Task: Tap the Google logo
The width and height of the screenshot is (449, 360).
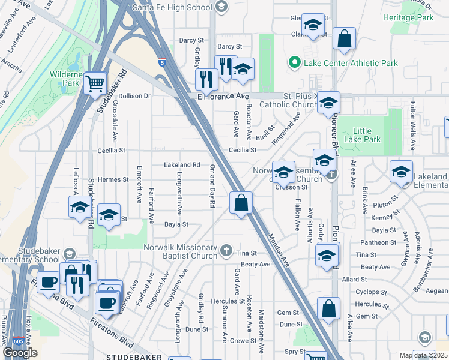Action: point(20,352)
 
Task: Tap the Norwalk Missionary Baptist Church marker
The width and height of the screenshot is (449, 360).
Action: point(226,250)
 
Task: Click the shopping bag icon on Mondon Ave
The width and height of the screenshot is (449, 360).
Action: point(241,203)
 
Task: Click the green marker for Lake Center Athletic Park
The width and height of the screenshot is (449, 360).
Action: point(294,62)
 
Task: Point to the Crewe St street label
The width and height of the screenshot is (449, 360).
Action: point(243,341)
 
